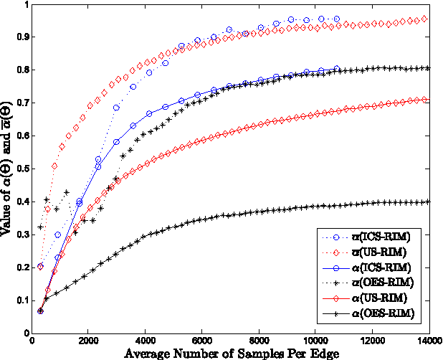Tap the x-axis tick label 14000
[x=429, y=342]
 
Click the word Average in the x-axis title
[x=151, y=354]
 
